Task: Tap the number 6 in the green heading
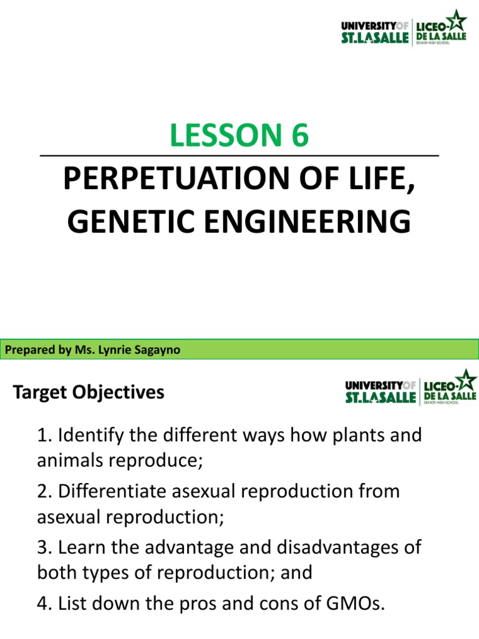pyautogui.click(x=299, y=135)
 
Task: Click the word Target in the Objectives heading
pyautogui.click(x=40, y=393)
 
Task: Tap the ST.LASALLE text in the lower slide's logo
pyautogui.click(x=380, y=398)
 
